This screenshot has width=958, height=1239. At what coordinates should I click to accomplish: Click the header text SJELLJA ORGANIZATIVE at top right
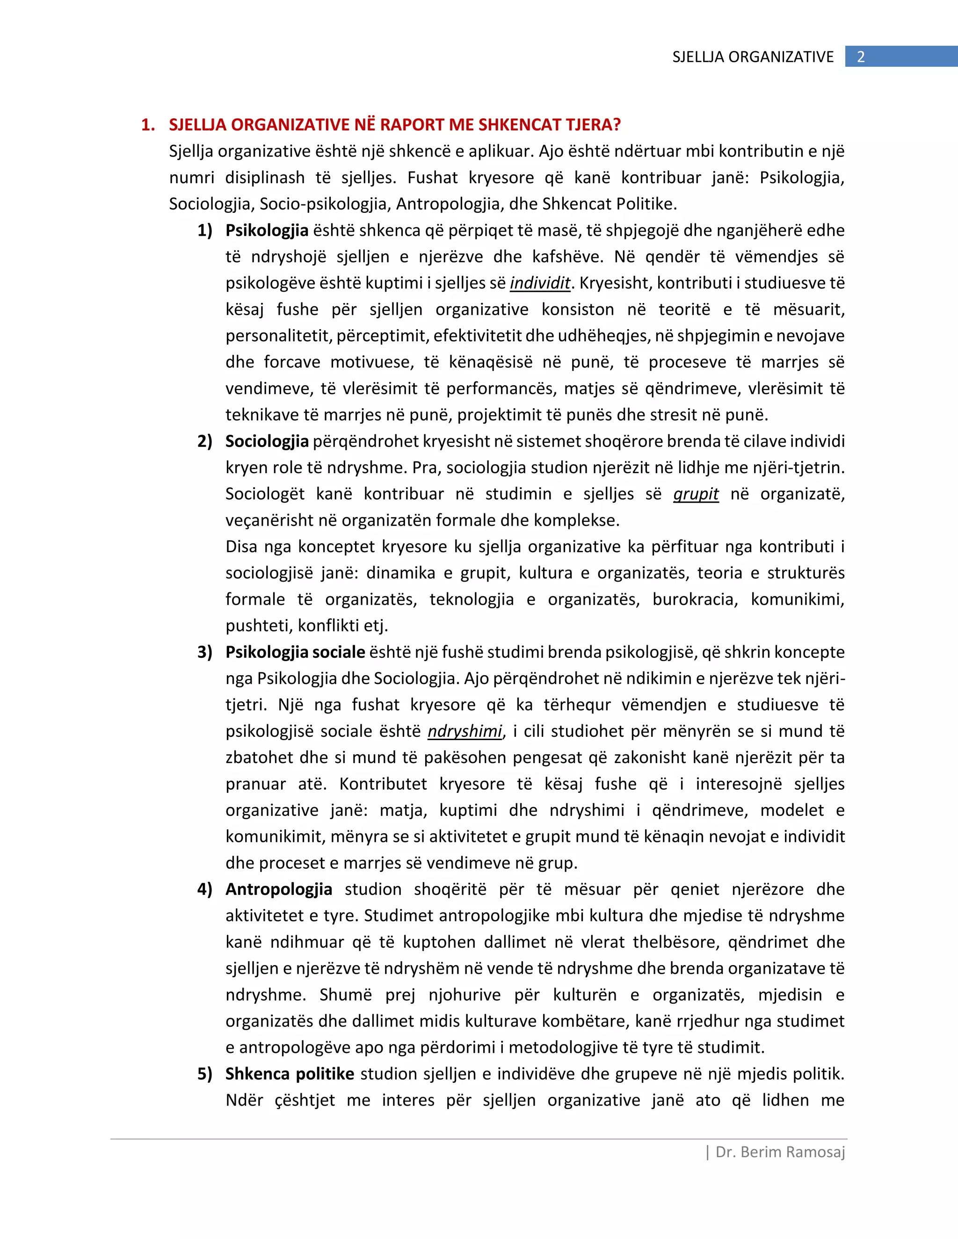pos(753,57)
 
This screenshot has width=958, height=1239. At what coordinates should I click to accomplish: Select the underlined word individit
pos(540,282)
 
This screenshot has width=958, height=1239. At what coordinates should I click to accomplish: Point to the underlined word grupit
pos(696,494)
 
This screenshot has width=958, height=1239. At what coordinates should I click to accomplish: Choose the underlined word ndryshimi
pos(465,731)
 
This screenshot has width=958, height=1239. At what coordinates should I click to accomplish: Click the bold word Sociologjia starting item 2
pos(267,441)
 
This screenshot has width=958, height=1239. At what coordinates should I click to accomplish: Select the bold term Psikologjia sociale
pos(295,652)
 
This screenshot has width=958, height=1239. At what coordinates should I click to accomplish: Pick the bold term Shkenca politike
pos(290,1073)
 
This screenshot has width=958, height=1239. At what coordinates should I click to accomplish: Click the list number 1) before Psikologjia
pos(205,231)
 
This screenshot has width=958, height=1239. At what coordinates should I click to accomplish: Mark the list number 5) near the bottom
pos(205,1073)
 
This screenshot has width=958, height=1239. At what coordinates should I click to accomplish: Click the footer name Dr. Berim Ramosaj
pos(780,1152)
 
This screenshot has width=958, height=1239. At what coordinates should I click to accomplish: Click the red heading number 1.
pos(147,125)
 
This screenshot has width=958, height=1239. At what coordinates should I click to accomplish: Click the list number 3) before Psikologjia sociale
pos(205,652)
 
